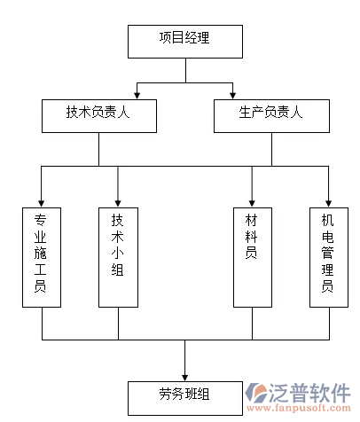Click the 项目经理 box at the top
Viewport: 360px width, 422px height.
point(184,41)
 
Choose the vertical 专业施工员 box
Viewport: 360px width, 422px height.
point(42,257)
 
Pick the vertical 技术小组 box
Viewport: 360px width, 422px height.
point(118,257)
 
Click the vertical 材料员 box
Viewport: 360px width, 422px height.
point(252,257)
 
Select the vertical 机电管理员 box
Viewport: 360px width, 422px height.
point(328,257)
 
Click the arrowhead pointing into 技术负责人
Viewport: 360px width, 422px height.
point(136,94)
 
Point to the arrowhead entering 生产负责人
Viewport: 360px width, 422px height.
point(232,94)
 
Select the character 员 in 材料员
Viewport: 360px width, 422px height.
point(252,254)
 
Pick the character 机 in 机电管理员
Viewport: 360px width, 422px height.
point(328,219)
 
